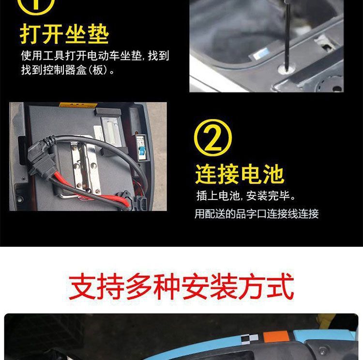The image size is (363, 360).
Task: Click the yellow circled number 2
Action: pyautogui.click(x=213, y=138)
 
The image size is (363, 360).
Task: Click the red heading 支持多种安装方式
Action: pyautogui.click(x=181, y=286)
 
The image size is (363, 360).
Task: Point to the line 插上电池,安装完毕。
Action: pyautogui.click(x=246, y=196)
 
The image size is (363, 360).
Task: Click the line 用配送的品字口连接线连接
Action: pyautogui.click(x=257, y=213)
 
